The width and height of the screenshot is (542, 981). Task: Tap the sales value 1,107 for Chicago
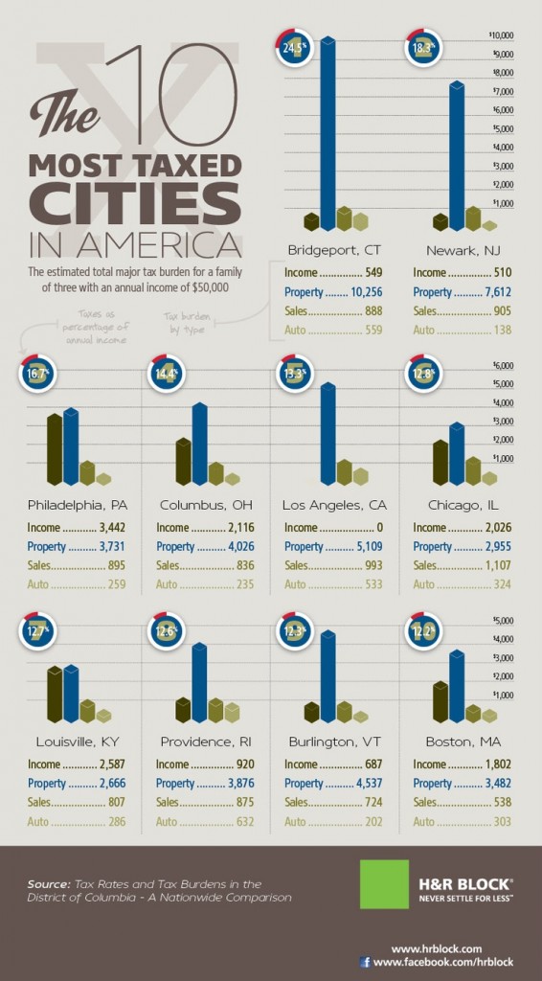[494, 565]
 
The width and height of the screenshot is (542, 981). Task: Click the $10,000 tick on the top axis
[503, 35]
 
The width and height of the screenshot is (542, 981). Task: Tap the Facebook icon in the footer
[365, 962]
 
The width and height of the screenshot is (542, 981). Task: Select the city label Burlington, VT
[328, 741]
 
